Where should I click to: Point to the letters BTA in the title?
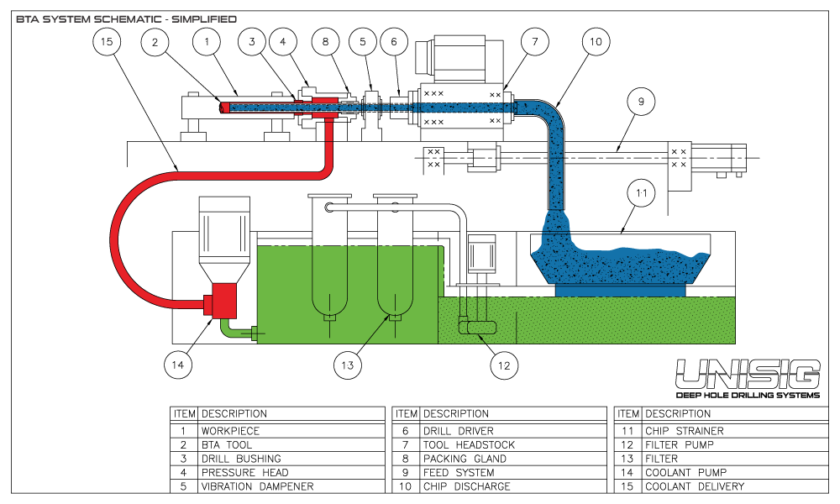click(27, 18)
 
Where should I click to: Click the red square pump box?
click(224, 301)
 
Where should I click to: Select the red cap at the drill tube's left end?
click(225, 108)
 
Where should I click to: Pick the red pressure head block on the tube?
click(324, 108)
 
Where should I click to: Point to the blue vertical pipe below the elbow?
click(556, 181)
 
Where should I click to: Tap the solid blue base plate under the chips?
click(620, 291)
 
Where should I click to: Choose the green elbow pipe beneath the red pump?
click(229, 329)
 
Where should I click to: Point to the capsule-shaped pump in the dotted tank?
click(477, 328)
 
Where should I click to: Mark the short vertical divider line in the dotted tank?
click(517, 327)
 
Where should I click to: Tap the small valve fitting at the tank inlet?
click(253, 333)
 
